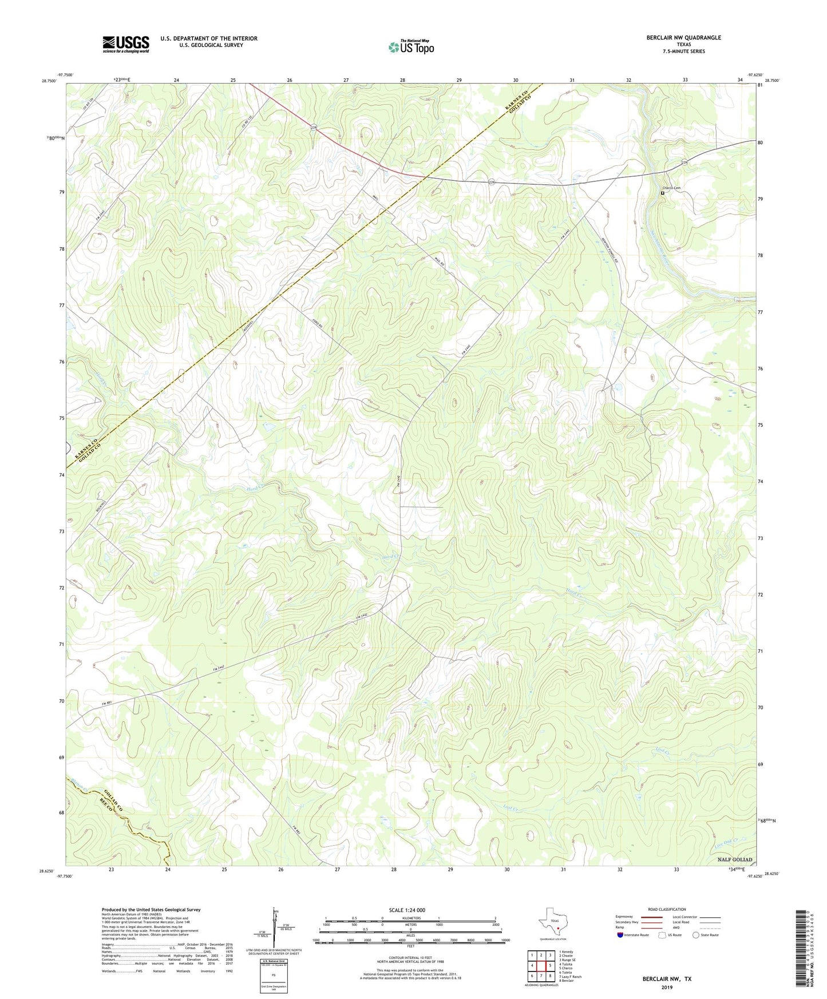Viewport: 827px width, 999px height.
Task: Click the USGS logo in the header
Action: pos(126,44)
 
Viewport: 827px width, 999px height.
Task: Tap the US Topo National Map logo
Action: pos(411,47)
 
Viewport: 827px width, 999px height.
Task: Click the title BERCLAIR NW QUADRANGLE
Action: pos(683,38)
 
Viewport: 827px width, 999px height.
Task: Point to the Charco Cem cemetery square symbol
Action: pos(663,193)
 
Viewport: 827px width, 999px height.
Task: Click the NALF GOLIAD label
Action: pos(735,860)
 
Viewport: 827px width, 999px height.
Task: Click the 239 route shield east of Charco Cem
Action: pos(684,163)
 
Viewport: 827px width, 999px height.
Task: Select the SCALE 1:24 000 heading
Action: pos(407,910)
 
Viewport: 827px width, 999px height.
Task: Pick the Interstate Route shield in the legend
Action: pos(620,935)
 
